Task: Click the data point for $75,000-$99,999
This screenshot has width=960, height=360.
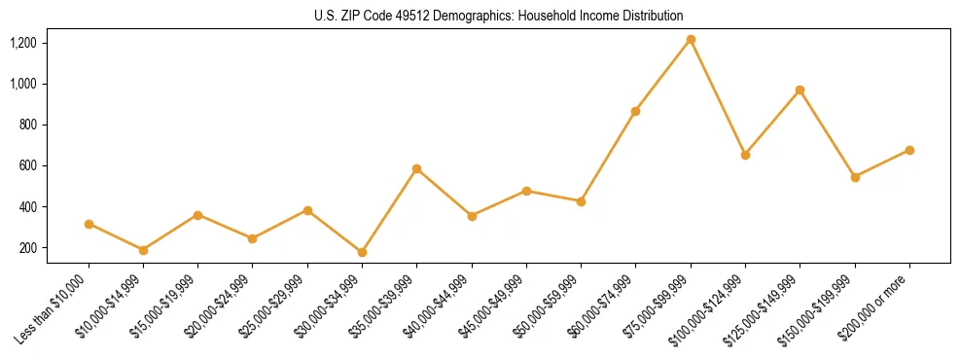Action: point(691,40)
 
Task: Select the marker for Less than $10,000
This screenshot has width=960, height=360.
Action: point(89,224)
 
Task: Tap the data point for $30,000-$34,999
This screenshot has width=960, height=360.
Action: point(363,252)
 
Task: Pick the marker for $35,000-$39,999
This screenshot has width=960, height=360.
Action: point(417,169)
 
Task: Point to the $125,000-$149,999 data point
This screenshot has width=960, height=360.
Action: point(800,90)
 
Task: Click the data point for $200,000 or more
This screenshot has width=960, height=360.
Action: point(909,150)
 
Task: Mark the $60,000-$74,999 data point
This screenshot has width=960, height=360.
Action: point(636,112)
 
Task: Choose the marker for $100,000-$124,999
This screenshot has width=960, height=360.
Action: point(745,155)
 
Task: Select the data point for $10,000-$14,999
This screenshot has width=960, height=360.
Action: point(144,250)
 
